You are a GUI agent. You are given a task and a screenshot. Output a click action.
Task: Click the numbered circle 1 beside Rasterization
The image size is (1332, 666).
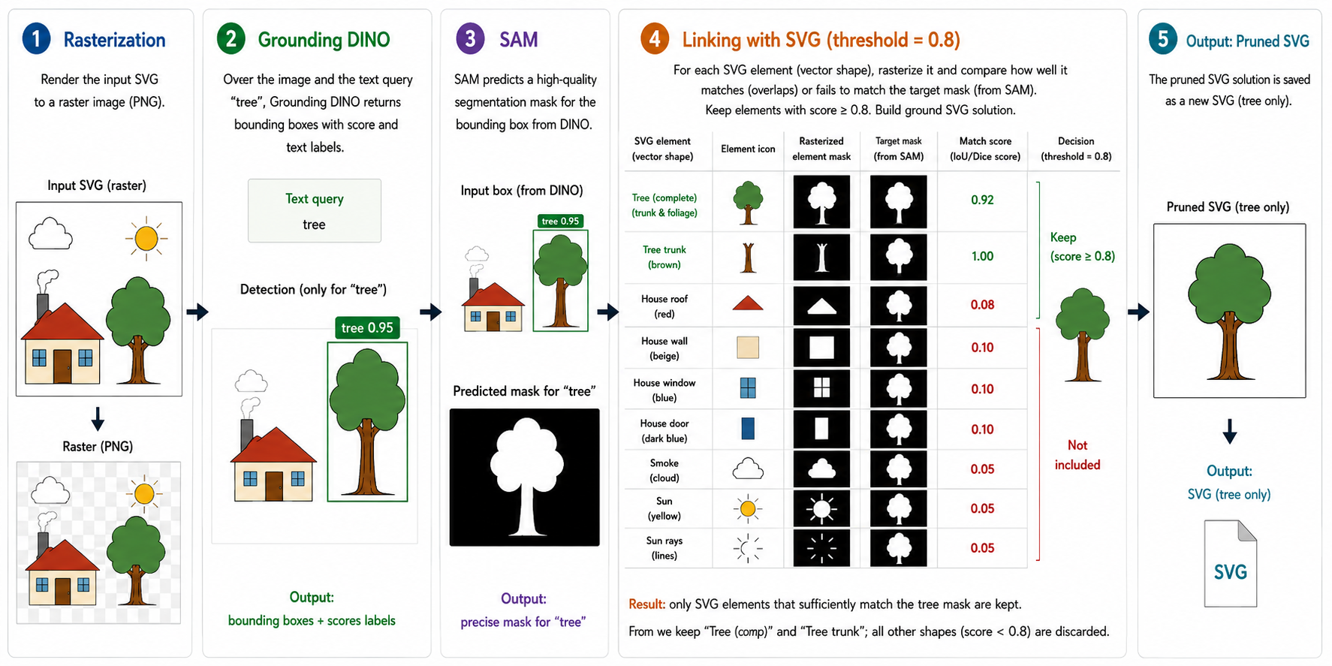(x=36, y=39)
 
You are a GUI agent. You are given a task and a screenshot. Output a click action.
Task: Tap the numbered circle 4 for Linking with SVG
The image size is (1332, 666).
(x=655, y=39)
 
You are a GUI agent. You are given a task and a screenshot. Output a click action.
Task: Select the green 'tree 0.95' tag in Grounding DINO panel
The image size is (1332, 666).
(x=367, y=328)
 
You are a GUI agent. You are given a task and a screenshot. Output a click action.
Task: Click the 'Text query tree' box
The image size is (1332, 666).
(x=315, y=211)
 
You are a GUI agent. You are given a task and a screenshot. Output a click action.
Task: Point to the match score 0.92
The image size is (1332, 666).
(x=982, y=200)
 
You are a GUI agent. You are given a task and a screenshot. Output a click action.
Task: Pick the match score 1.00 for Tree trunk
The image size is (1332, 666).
(x=982, y=256)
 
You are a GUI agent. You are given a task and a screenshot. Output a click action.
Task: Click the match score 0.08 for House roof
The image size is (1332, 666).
(x=982, y=305)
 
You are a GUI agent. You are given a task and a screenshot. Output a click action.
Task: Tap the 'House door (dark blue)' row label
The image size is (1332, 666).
(x=664, y=431)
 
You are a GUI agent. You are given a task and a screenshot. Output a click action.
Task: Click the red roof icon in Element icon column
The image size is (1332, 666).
(x=748, y=303)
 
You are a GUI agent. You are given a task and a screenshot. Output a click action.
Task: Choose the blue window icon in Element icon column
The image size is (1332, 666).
(x=748, y=387)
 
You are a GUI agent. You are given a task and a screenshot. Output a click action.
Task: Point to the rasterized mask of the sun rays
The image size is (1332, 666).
(x=821, y=548)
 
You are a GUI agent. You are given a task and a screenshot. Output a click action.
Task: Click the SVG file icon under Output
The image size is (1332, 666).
(x=1230, y=563)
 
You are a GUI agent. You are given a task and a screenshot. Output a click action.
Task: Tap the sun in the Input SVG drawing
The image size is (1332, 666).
(x=146, y=239)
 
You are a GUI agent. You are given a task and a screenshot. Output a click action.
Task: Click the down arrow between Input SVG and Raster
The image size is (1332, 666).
(x=98, y=418)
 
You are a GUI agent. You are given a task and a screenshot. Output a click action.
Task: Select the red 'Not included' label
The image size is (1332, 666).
(x=1077, y=455)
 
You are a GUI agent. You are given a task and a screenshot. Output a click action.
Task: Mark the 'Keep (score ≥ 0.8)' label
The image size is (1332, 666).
(x=1082, y=246)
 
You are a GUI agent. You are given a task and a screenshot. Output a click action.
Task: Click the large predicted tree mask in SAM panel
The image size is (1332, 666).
(x=525, y=478)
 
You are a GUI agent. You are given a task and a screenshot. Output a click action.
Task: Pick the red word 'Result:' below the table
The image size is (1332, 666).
(x=646, y=604)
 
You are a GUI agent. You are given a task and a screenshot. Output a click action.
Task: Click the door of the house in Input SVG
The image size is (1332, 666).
(x=62, y=366)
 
